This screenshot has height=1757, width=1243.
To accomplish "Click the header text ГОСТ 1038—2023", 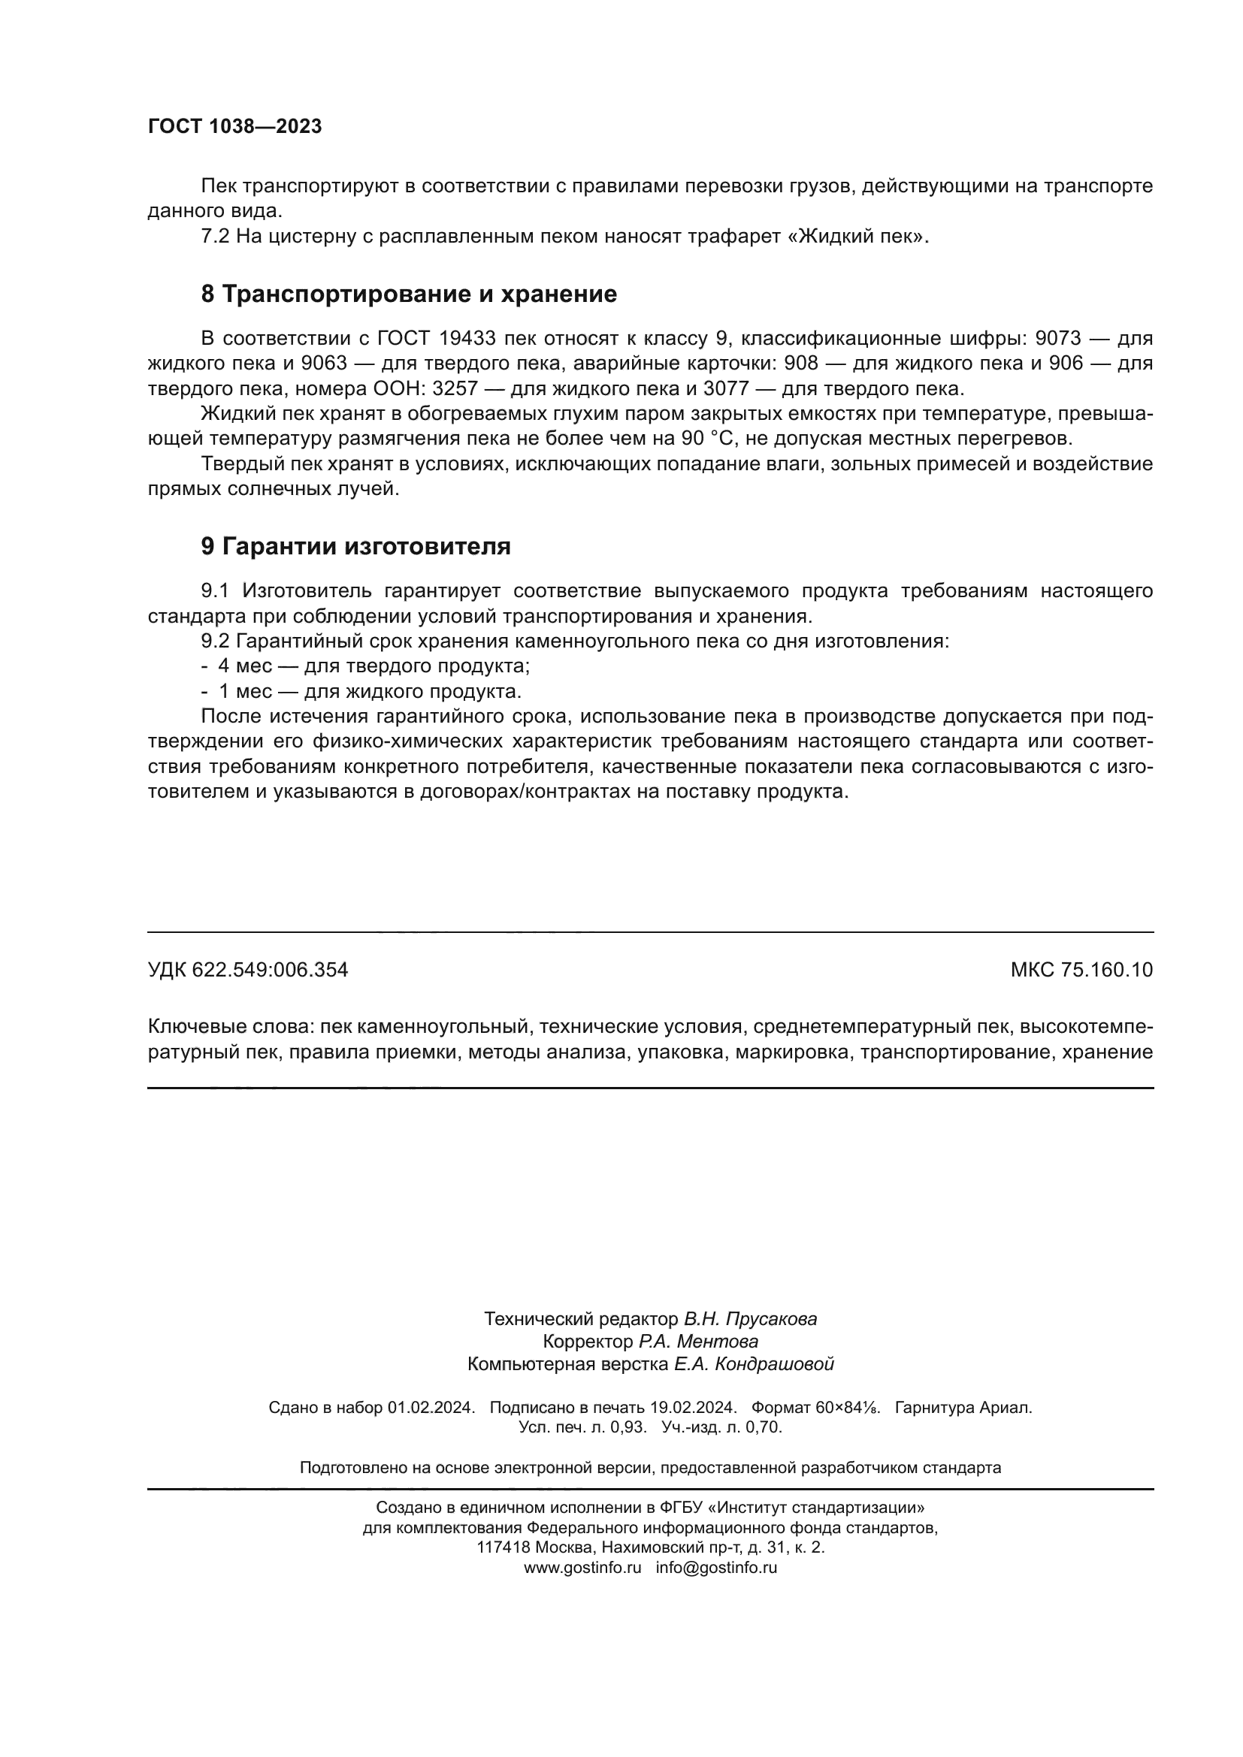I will pos(234,127).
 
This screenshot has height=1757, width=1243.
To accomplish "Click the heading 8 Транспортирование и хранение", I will pos(409,294).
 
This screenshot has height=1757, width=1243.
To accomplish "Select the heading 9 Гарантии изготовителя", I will pos(356,546).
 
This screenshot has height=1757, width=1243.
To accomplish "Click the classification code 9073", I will pos(1058,338).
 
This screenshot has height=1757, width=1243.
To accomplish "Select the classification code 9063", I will pos(324,364).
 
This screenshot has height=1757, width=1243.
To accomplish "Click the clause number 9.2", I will pos(215,642).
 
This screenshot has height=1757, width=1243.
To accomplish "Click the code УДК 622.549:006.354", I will pos(247,971).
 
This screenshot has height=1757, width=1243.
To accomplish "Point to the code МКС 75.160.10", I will pos(1081,971).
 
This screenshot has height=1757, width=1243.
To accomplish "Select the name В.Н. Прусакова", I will pos(750,1318).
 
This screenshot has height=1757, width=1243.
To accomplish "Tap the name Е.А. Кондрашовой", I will pos(753,1363).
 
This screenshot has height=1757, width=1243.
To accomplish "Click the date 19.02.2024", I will pos(693,1407).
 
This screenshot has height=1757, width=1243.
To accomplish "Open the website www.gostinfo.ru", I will pos(582,1567).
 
